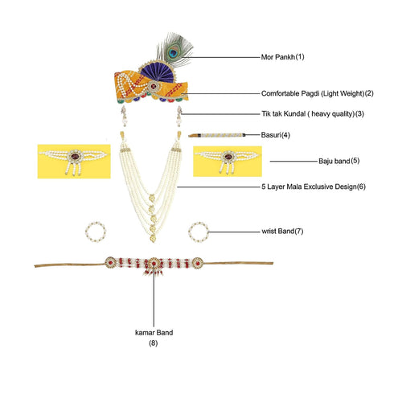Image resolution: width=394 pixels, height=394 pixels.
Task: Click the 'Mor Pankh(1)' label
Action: pyautogui.click(x=282, y=57)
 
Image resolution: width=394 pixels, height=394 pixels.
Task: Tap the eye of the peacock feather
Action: pyautogui.click(x=174, y=52)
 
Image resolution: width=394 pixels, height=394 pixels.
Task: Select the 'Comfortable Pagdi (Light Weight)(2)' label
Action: pyautogui.click(x=318, y=93)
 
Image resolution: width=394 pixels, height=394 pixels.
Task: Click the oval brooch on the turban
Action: pyautogui.click(x=154, y=86)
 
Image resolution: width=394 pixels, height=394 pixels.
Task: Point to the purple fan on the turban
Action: pyautogui.click(x=158, y=72)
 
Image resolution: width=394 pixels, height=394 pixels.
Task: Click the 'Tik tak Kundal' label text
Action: pyautogui.click(x=284, y=114)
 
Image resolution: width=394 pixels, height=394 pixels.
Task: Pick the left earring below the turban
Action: pyautogui.click(x=124, y=116)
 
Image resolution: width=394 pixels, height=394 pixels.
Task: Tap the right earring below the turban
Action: pyautogui.click(x=179, y=116)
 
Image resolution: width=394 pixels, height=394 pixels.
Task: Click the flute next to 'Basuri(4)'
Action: pyautogui.click(x=217, y=135)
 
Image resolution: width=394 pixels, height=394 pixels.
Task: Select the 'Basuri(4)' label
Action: pyautogui.click(x=276, y=135)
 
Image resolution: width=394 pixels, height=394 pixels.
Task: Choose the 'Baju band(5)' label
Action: pyautogui.click(x=339, y=161)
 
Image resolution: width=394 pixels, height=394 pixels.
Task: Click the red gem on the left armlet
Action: pyautogui.click(x=75, y=157)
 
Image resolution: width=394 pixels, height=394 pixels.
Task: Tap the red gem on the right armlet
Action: pyautogui.click(x=228, y=157)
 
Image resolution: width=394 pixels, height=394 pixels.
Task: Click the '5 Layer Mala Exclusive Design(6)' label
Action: pyautogui.click(x=314, y=187)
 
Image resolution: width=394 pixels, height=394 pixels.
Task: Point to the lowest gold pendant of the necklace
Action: pyautogui.click(x=153, y=238)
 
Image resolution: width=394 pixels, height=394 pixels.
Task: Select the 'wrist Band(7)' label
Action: pyautogui.click(x=282, y=231)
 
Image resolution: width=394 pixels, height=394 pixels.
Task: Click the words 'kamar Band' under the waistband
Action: pyautogui.click(x=154, y=333)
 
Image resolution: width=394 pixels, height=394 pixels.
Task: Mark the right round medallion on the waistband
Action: pyautogui.click(x=198, y=263)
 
